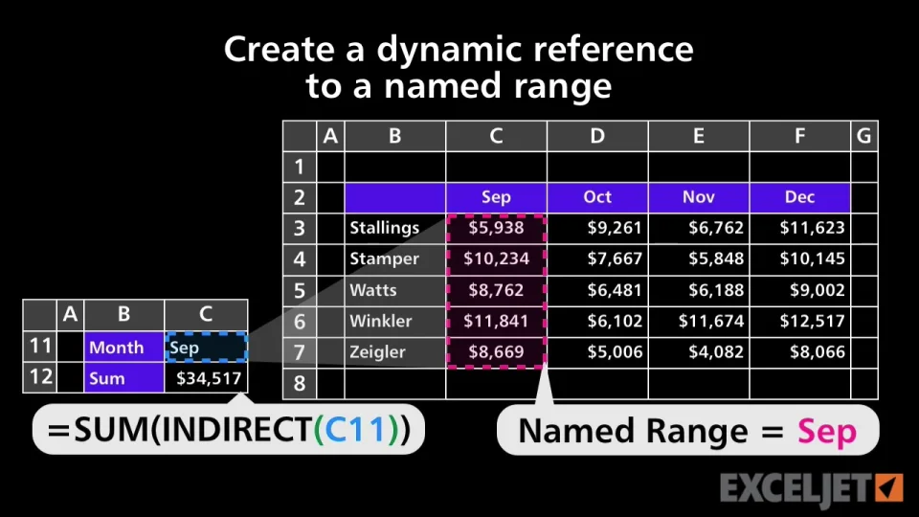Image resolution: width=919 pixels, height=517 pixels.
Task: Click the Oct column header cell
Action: [x=597, y=197]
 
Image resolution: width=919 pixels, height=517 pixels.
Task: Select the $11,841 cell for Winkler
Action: [x=496, y=322]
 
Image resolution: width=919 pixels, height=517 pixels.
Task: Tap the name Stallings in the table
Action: [x=385, y=228]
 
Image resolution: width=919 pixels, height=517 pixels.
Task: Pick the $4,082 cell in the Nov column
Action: [x=699, y=352]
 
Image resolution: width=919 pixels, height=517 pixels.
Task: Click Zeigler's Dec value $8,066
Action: [x=800, y=352]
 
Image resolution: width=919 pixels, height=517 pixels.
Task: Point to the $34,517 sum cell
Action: [x=207, y=378]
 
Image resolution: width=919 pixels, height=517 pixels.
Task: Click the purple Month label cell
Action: [x=124, y=347]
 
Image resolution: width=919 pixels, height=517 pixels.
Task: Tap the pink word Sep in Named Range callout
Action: [x=827, y=433]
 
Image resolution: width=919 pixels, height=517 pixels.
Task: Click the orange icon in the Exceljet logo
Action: [x=889, y=487]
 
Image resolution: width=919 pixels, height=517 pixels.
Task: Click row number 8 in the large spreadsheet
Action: [x=300, y=383]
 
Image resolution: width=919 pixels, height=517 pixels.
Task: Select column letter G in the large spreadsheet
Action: [x=863, y=136]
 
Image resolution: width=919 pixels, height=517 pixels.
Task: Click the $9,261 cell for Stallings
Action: [x=597, y=228]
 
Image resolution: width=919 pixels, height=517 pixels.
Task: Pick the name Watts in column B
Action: [x=372, y=290]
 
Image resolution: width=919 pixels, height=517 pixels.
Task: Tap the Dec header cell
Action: [x=800, y=197]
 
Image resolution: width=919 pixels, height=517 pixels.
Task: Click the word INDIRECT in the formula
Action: [x=236, y=430]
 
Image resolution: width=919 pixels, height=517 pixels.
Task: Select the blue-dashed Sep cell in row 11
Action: [x=207, y=347]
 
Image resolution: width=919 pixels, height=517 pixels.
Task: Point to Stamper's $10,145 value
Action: [x=800, y=259]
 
